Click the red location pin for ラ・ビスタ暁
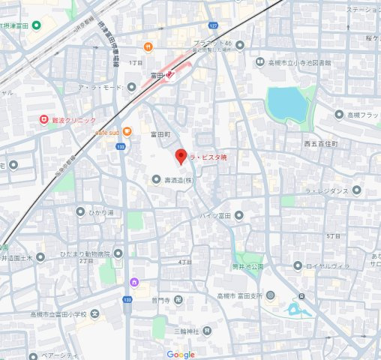[x=180, y=157]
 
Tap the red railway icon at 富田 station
[x=171, y=74]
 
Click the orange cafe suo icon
[x=127, y=131]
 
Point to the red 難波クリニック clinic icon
[x=44, y=119]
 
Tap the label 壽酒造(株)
[x=180, y=179]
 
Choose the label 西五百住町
[x=321, y=142]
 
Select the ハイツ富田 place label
[x=214, y=216]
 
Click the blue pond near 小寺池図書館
[x=287, y=104]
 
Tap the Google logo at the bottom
[x=181, y=354]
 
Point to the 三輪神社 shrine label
[x=186, y=331]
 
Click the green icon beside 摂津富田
[x=37, y=25]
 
